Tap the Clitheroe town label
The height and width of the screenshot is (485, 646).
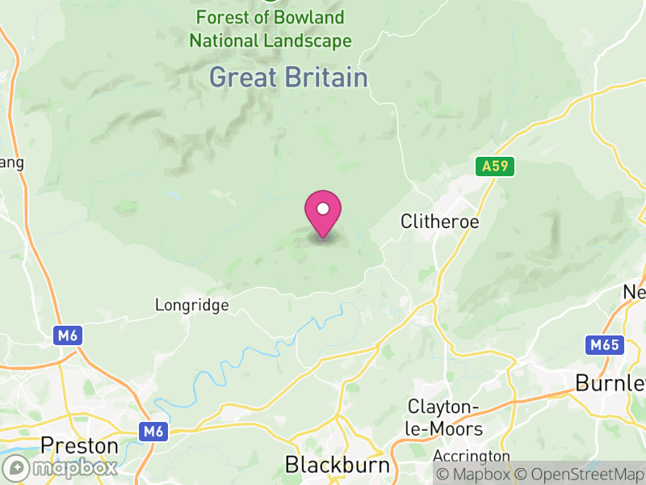440,221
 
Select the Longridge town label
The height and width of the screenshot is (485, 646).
192,306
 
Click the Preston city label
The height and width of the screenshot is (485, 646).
79,445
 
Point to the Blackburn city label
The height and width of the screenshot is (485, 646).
338,466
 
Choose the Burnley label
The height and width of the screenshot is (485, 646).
610,382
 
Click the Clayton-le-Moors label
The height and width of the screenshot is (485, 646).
445,418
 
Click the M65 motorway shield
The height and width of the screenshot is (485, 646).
604,346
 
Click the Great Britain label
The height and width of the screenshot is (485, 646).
288,78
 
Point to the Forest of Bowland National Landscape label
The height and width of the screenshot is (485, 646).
271,29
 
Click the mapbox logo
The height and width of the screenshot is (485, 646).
61,467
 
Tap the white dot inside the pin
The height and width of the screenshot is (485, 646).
323,209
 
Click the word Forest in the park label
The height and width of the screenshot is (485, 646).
222,18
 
